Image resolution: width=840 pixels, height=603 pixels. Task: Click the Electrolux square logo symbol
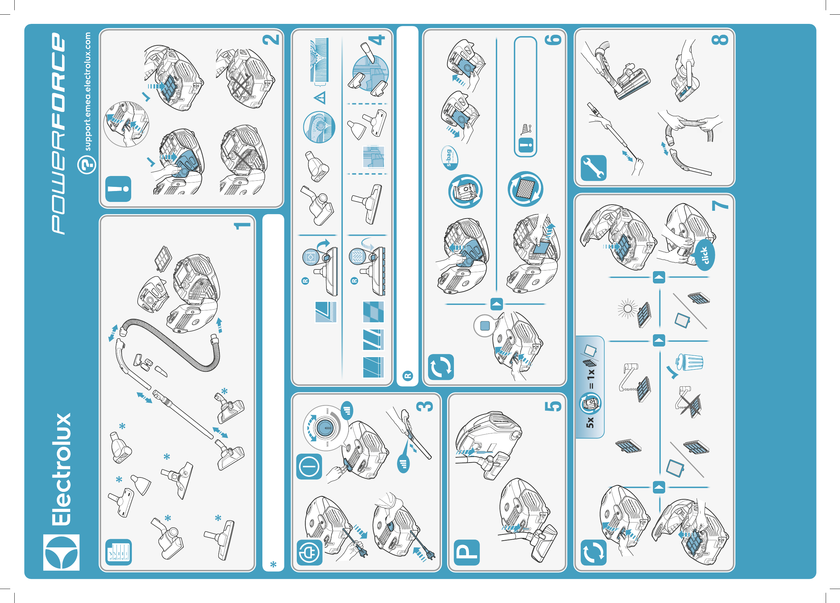point(61,552)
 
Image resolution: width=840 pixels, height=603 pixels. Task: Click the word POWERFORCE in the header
point(59,133)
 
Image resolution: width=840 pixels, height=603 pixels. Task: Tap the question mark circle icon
point(87,164)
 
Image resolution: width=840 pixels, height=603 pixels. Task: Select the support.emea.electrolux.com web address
point(87,91)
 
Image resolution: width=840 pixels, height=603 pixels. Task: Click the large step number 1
point(242,225)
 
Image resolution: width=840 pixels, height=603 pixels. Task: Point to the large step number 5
point(553,406)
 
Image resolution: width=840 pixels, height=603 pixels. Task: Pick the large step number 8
point(720,40)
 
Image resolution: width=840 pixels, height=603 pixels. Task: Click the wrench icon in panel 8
point(593,168)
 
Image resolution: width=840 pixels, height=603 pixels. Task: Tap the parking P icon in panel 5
point(467,552)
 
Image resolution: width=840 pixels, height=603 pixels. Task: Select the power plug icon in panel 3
point(309,552)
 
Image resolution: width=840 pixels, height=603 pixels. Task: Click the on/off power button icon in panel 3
point(309,467)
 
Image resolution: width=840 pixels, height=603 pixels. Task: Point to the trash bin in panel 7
point(689,362)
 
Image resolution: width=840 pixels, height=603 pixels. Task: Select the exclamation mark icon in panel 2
point(118,189)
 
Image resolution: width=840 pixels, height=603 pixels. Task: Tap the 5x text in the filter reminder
point(590,422)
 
